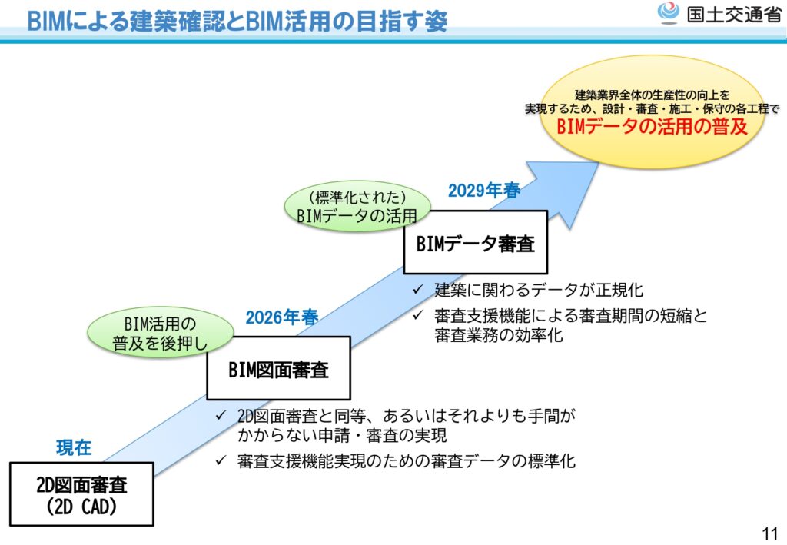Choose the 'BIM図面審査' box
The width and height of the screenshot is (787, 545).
click(278, 369)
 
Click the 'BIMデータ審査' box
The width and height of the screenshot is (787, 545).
click(475, 244)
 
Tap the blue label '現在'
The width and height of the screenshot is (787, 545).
click(74, 447)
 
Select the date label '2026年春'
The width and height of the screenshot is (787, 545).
click(282, 317)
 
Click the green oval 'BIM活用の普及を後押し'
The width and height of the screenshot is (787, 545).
click(161, 333)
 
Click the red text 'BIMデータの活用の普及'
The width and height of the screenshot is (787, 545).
click(652, 128)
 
